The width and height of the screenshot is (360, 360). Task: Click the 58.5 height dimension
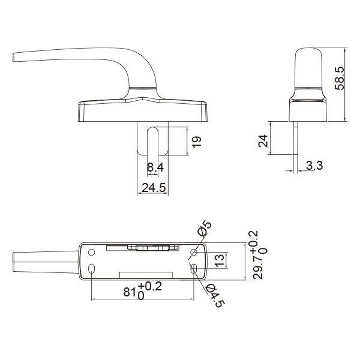340,79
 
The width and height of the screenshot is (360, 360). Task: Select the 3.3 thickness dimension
314,166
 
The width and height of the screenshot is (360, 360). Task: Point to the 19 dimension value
197,142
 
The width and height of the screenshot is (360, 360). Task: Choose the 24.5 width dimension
154,188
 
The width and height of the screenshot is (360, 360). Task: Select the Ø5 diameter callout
204,229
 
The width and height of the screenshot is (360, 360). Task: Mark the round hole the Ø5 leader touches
193,252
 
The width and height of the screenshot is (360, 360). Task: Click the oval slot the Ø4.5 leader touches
193,269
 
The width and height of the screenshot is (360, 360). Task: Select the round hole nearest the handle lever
91,252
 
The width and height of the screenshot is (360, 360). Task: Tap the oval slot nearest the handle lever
91,269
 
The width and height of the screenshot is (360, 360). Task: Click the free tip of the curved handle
14,58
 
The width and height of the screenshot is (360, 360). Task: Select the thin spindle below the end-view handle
297,144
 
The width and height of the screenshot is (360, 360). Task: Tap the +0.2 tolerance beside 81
151,286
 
